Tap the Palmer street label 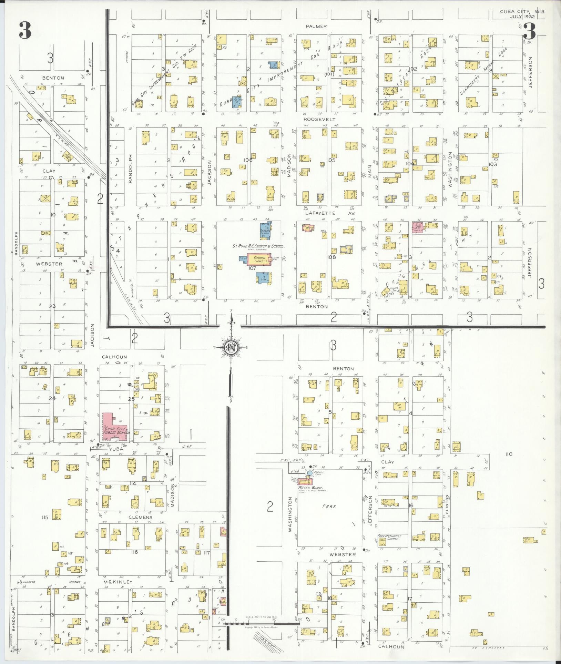(316, 26)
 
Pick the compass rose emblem (231, 348)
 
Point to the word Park (329, 506)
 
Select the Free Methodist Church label (389, 538)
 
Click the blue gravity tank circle (310, 473)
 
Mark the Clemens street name (140, 517)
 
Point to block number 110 (508, 454)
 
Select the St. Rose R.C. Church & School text (258, 246)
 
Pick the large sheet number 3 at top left (25, 30)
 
